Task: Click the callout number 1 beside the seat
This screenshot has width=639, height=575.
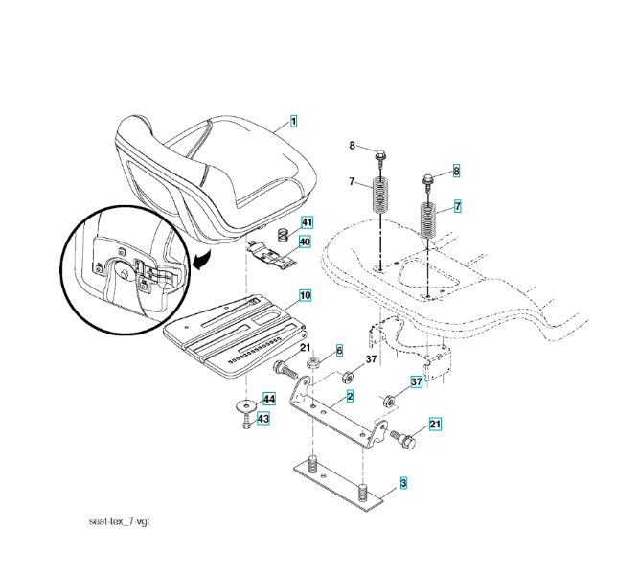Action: point(293,121)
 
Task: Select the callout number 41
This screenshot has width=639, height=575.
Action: point(307,222)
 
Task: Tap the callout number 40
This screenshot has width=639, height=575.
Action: point(305,241)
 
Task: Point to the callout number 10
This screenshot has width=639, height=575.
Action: point(306,295)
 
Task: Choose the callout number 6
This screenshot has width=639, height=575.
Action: point(339,351)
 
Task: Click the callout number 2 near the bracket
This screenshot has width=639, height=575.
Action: point(350,396)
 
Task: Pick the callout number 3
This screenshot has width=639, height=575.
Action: point(403,483)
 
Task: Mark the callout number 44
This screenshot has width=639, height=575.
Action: point(269,399)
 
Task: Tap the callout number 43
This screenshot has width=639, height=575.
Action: point(263,419)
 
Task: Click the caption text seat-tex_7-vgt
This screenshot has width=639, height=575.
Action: point(120,521)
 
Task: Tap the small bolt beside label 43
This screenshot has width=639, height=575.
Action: point(246,421)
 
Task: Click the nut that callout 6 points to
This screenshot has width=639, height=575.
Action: point(313,361)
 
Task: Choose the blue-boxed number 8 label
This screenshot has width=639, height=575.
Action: point(456,171)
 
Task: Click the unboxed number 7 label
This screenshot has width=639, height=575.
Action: point(352,181)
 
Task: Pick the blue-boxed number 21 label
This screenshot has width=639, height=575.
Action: point(435,425)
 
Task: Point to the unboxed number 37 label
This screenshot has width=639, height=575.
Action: point(372,359)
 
